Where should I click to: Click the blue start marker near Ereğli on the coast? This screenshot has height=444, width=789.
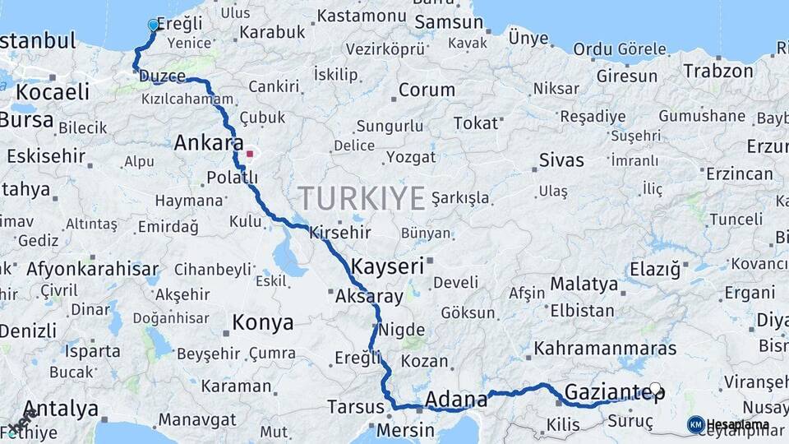click(153, 25)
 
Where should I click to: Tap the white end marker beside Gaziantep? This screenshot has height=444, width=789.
click(655, 388)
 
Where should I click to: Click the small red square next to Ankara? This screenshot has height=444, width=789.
click(250, 153)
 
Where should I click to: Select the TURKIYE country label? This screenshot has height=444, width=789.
click(362, 198)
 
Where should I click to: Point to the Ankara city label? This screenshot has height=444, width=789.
click(204, 143)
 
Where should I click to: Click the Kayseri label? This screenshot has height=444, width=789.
click(387, 266)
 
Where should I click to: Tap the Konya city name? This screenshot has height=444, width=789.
click(263, 321)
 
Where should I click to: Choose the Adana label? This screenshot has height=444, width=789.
click(456, 401)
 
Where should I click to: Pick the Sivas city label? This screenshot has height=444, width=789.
click(561, 160)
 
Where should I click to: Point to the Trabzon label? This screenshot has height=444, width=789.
click(717, 71)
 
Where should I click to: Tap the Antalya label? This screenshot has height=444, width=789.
click(61, 409)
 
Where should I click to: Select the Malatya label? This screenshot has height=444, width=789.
click(584, 284)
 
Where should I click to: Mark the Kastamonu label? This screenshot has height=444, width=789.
click(362, 16)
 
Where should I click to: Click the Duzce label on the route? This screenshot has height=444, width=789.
click(163, 76)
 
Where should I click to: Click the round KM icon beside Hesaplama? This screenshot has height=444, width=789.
click(695, 424)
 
